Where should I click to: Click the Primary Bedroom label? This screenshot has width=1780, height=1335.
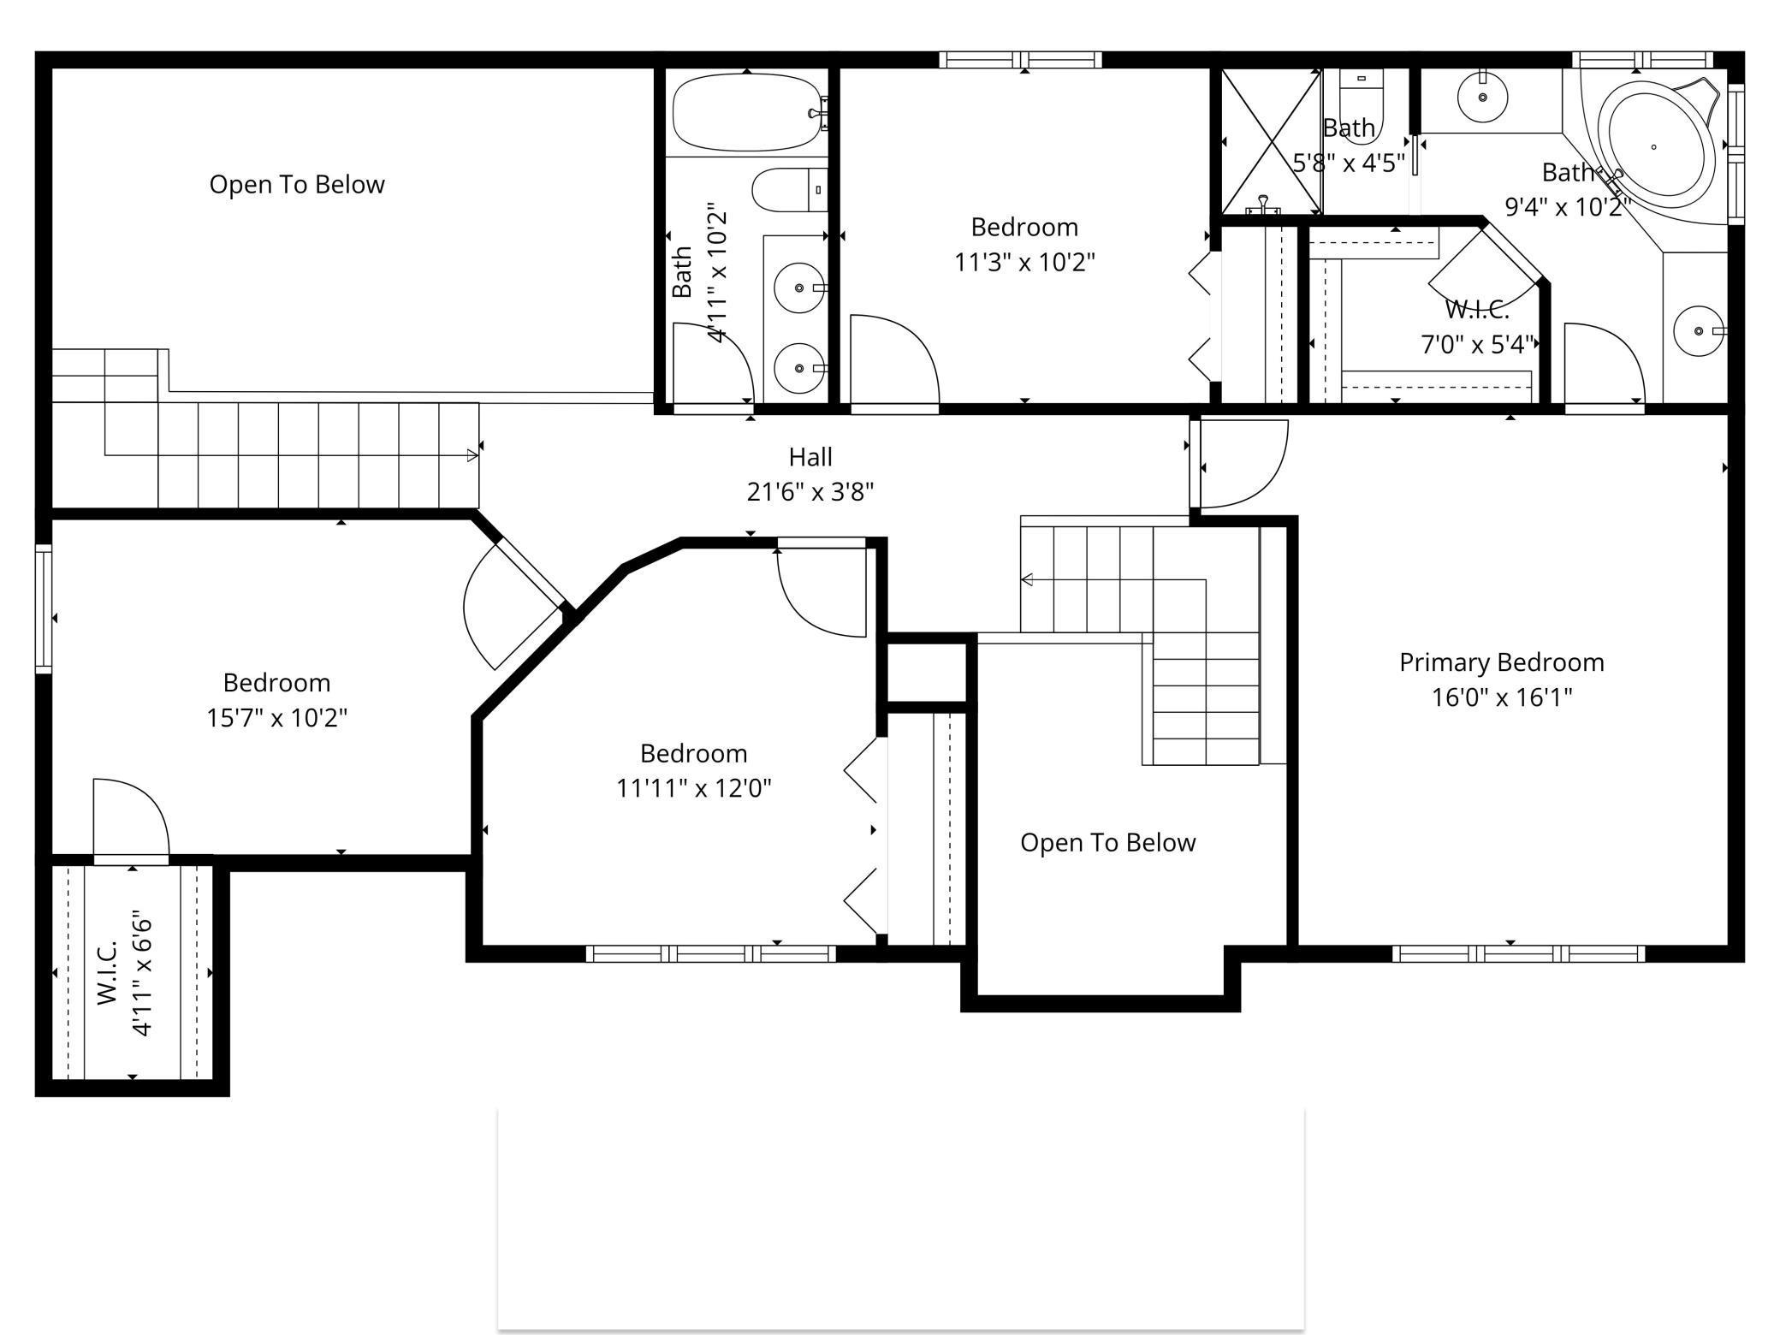point(1501,662)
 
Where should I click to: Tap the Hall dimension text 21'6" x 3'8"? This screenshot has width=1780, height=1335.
point(810,492)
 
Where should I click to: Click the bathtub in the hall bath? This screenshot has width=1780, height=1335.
point(746,112)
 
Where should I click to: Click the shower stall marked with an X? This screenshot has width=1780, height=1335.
point(1271,142)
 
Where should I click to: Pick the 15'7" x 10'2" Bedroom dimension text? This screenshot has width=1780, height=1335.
point(276,717)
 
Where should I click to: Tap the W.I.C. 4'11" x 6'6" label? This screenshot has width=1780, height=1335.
point(124,976)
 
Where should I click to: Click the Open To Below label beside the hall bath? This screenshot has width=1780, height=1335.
point(297,185)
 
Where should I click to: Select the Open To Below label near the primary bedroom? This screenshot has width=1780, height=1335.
point(1107,843)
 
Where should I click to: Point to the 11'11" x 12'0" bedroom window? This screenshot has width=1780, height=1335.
point(710,953)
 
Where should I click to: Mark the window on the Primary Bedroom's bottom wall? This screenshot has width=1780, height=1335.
point(1518,953)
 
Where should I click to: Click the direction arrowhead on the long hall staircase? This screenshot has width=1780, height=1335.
point(472,456)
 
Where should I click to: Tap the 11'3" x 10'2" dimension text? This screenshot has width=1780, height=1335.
point(1024,262)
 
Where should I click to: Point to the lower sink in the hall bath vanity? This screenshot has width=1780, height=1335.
point(799,368)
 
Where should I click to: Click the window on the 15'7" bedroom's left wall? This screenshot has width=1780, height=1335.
point(44,608)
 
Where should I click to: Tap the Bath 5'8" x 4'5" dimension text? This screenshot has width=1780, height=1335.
point(1348,163)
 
